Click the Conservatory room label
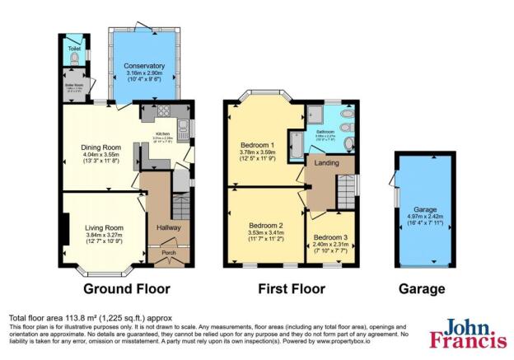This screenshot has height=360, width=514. [144, 66]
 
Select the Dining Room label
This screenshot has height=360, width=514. [101, 147]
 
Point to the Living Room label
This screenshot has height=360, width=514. [104, 228]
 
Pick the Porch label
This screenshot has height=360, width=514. [168, 253]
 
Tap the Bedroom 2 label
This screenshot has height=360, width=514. [266, 226]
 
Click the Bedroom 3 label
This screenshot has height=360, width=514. [331, 236]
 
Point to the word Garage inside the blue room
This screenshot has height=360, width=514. [426, 210]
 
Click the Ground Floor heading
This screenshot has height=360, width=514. [127, 289]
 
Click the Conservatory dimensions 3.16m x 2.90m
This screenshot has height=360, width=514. [144, 74]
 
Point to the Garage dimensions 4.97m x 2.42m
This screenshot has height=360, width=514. [426, 218]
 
